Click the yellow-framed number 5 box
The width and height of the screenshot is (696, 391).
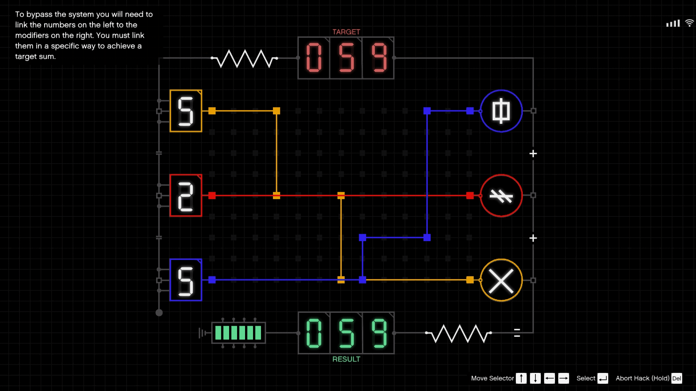pyautogui.click(x=186, y=111)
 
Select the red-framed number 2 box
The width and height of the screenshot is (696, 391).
pyautogui.click(x=186, y=195)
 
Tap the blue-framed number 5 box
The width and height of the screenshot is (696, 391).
pyautogui.click(x=186, y=280)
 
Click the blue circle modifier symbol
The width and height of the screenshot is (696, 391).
pyautogui.click(x=501, y=111)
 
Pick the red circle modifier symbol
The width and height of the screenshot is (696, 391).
pyautogui.click(x=501, y=195)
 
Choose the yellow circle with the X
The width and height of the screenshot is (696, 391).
pyautogui.click(x=501, y=280)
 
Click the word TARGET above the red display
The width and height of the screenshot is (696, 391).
pyautogui.click(x=346, y=32)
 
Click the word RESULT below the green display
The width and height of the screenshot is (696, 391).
pyautogui.click(x=346, y=359)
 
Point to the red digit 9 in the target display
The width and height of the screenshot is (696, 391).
pyautogui.click(x=379, y=58)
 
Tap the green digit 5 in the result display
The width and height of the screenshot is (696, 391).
pyautogui.click(x=346, y=333)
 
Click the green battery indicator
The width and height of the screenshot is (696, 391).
pyautogui.click(x=238, y=333)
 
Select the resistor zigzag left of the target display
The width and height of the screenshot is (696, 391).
pyautogui.click(x=245, y=59)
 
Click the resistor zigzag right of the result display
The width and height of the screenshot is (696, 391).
pyautogui.click(x=459, y=333)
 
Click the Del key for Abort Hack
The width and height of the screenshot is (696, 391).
pyautogui.click(x=676, y=378)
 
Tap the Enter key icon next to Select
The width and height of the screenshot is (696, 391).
pyautogui.click(x=603, y=378)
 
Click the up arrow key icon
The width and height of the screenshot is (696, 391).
pyautogui.click(x=521, y=378)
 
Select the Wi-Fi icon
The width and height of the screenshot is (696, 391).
pyautogui.click(x=689, y=23)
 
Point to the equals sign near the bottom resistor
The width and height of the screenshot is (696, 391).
pyautogui.click(x=517, y=333)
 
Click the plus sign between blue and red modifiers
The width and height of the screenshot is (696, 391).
pyautogui.click(x=533, y=154)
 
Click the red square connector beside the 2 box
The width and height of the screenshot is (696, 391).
pyautogui.click(x=212, y=195)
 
